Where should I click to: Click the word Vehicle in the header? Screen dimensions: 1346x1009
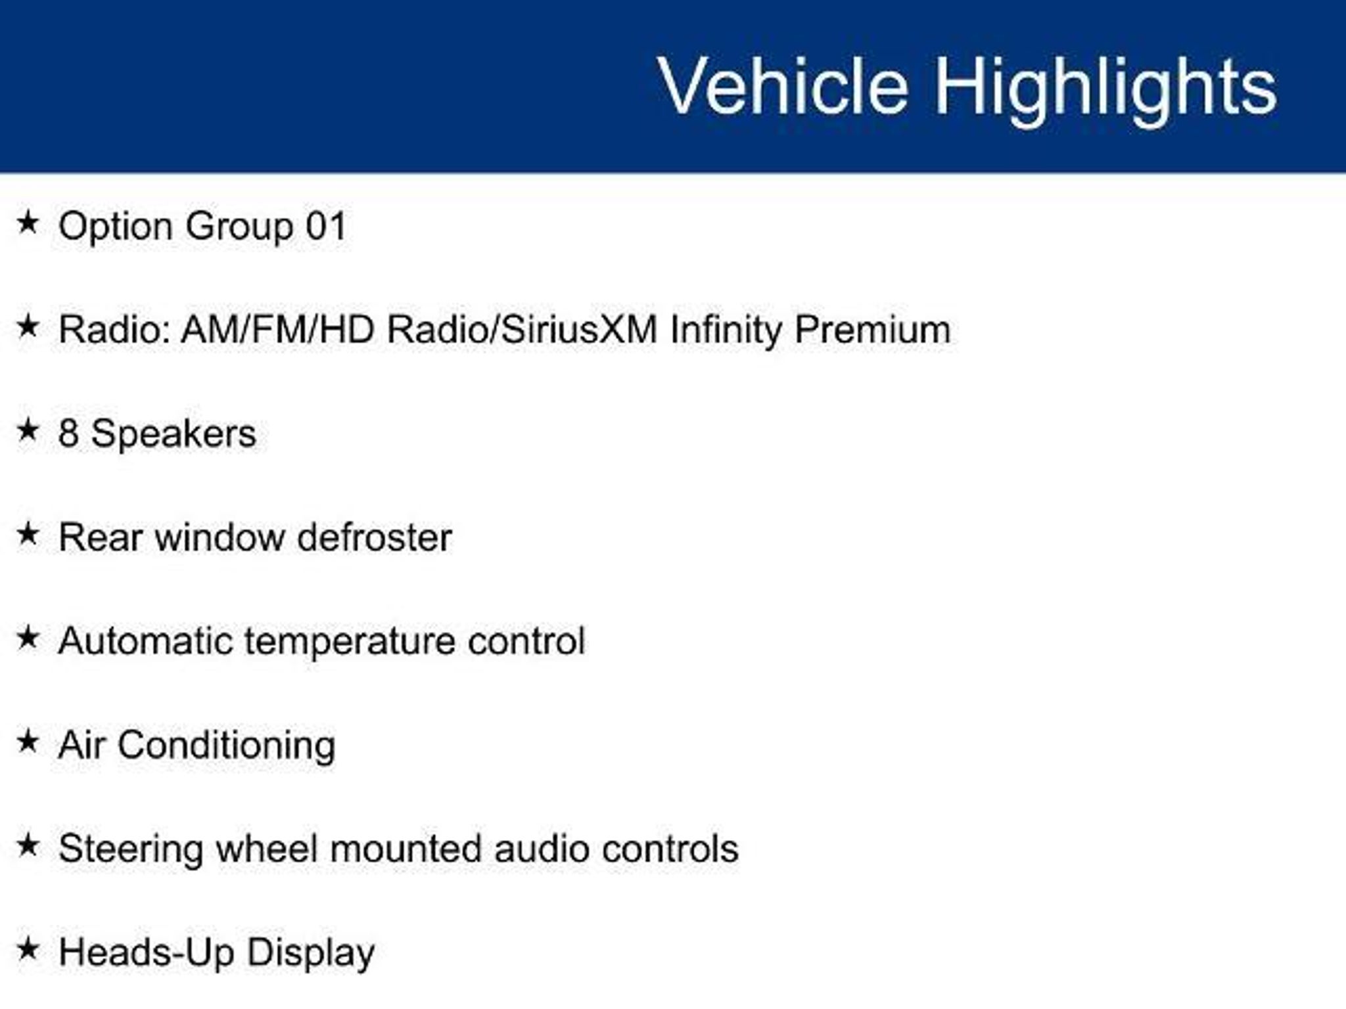click(783, 86)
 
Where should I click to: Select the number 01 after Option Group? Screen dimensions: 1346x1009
click(326, 227)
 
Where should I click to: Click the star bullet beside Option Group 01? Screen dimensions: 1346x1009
click(28, 223)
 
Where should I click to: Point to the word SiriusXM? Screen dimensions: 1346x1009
click(579, 329)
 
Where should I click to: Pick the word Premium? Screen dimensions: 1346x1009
click(872, 329)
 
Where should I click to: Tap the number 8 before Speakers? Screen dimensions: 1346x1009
click(68, 434)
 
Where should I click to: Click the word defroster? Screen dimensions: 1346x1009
click(375, 537)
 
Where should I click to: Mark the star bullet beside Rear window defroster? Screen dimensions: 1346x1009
click(28, 534)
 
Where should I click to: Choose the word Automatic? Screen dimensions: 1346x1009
click(145, 640)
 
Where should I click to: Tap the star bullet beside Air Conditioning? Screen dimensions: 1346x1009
click(28, 742)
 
